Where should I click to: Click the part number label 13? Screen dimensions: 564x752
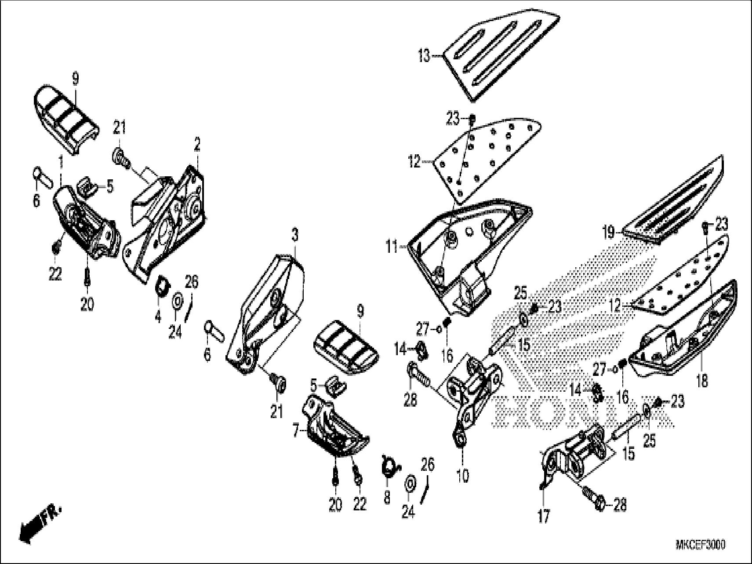tap(424, 56)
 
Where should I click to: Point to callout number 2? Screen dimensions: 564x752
tap(197, 144)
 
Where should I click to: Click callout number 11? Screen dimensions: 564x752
tap(392, 247)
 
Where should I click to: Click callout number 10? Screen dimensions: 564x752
tap(463, 475)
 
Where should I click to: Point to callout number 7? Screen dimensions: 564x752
tap(297, 432)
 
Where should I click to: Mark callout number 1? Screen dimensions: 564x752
tap(61, 162)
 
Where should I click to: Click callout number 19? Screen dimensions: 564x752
tap(608, 232)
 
